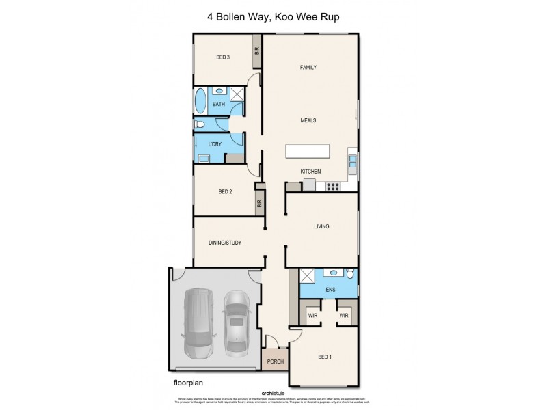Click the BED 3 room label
222,57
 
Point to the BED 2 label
226,192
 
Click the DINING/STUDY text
224,242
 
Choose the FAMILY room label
310,67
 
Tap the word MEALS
308,120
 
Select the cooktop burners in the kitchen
334,185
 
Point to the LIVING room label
321,225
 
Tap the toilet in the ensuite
349,275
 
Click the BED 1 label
325,357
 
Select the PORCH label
276,362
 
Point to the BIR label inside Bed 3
257,51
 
